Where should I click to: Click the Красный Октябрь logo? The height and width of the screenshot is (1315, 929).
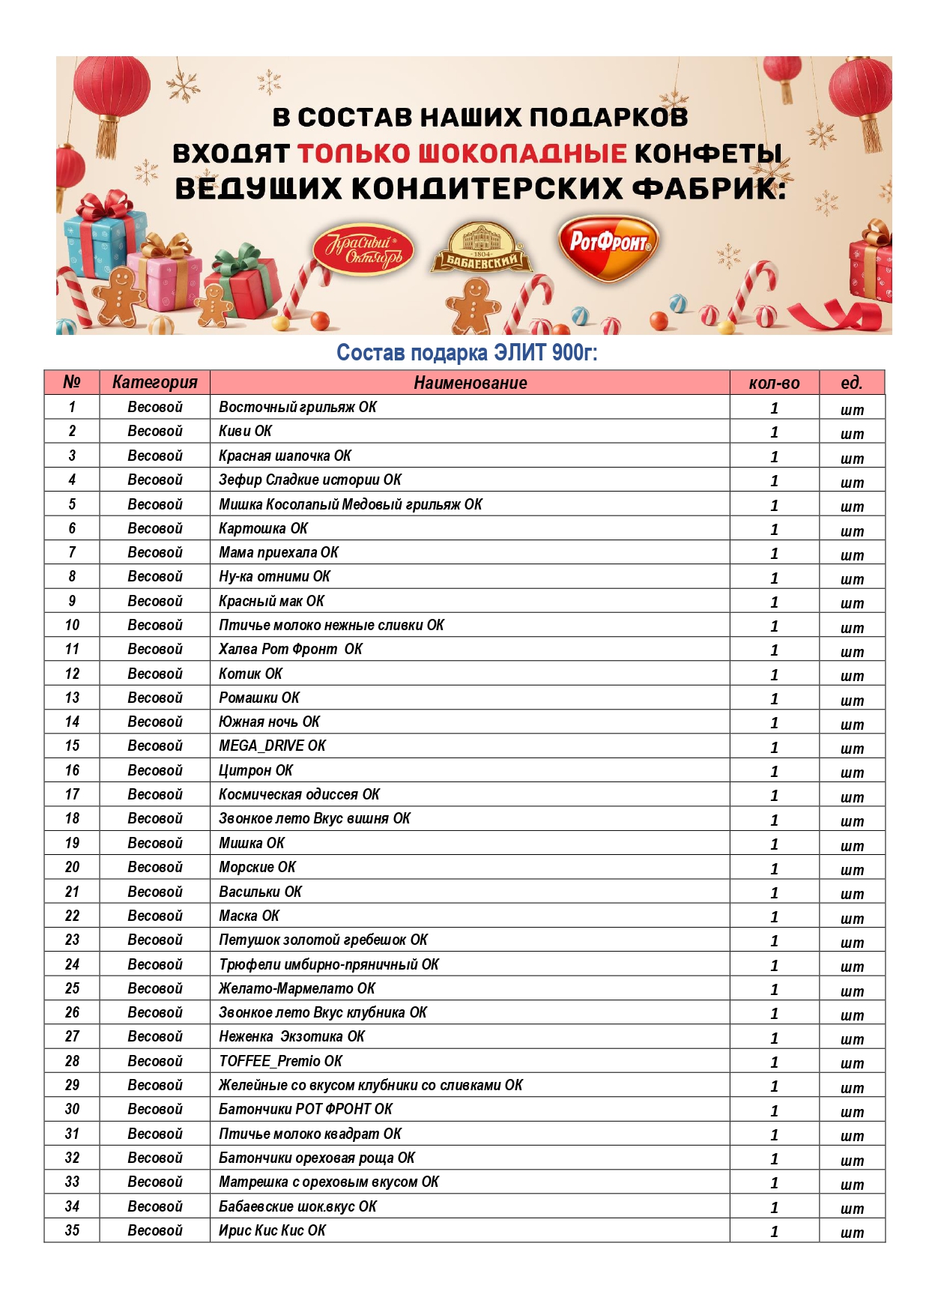(363, 250)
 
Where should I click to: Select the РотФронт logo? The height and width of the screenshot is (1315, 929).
(608, 246)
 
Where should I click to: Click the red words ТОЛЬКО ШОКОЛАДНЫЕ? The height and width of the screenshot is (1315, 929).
(462, 154)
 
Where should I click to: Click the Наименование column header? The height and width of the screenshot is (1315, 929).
(470, 383)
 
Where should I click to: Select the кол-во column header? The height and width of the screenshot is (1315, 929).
(774, 383)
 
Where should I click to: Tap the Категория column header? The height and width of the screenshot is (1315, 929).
(154, 383)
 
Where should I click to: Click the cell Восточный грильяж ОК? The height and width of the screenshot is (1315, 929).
(297, 407)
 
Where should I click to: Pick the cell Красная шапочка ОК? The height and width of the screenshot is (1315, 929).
(285, 456)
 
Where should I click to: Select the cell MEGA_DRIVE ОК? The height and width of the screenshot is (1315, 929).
(272, 746)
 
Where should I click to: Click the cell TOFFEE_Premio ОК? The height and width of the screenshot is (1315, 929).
(280, 1061)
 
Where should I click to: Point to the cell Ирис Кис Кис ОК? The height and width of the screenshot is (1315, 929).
(272, 1230)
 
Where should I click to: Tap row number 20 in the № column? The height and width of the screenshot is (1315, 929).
(72, 867)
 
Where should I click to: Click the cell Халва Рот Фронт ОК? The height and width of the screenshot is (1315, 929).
(291, 649)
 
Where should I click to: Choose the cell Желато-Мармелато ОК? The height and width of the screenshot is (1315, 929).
(297, 988)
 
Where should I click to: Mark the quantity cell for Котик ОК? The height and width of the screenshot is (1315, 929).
(774, 674)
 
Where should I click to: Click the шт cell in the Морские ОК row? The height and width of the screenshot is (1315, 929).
(852, 868)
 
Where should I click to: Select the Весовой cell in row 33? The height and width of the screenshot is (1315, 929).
(154, 1182)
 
